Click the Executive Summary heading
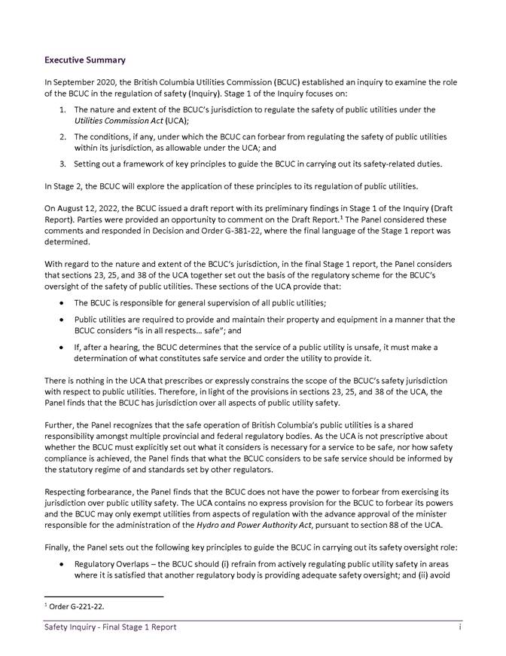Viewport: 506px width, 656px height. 85,60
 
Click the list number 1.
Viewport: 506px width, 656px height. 62,110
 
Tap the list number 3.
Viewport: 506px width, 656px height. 62,164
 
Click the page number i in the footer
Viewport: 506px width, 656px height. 459,627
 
